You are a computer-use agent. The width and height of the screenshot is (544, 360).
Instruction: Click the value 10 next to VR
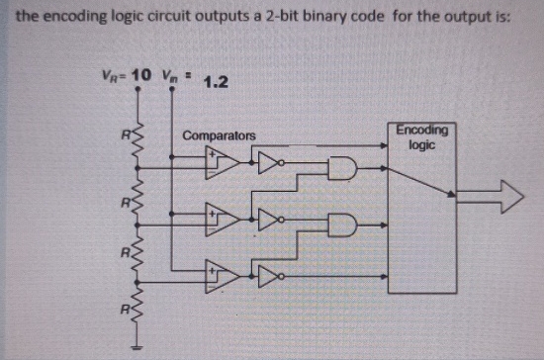(140, 76)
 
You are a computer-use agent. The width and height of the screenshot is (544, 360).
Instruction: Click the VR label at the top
(112, 76)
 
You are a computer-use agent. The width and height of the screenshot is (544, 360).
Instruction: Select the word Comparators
(219, 135)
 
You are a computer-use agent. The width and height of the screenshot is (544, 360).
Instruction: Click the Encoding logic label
(421, 136)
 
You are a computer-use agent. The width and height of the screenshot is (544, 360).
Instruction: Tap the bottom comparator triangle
(223, 273)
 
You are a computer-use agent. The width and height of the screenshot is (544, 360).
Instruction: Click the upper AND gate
(341, 169)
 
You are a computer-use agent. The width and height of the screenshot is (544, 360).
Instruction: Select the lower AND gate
(341, 224)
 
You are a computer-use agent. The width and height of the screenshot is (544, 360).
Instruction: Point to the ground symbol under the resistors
(136, 349)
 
